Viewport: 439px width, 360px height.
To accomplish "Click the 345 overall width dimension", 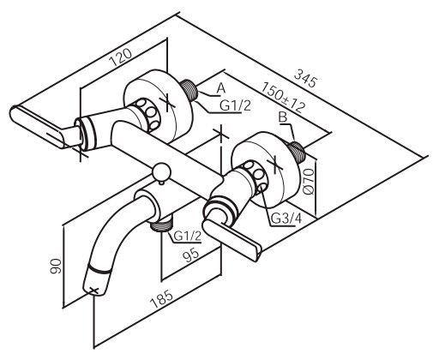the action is (x=305, y=77).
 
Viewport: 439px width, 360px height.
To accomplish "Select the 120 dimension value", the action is (x=121, y=57).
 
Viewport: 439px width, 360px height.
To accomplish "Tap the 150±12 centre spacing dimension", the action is (x=283, y=97).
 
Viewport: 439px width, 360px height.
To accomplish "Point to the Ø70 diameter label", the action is (x=309, y=182).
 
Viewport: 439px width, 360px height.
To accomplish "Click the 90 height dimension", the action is (x=56, y=267).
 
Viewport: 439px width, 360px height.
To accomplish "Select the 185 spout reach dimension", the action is (x=162, y=299).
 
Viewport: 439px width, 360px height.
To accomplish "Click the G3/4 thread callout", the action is (x=286, y=219).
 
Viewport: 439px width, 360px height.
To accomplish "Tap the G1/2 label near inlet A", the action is (x=235, y=106).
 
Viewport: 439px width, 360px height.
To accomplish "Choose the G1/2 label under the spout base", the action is (x=188, y=236).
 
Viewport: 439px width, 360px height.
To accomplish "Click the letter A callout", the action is (x=221, y=88).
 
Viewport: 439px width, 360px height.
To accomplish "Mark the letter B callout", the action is (x=283, y=117).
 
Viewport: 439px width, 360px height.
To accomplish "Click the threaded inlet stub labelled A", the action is (x=189, y=90).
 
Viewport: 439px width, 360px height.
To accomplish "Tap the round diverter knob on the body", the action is (x=161, y=172).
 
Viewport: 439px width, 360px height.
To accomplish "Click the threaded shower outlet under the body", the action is (x=162, y=223).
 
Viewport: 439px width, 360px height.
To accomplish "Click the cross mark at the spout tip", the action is (x=93, y=291).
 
